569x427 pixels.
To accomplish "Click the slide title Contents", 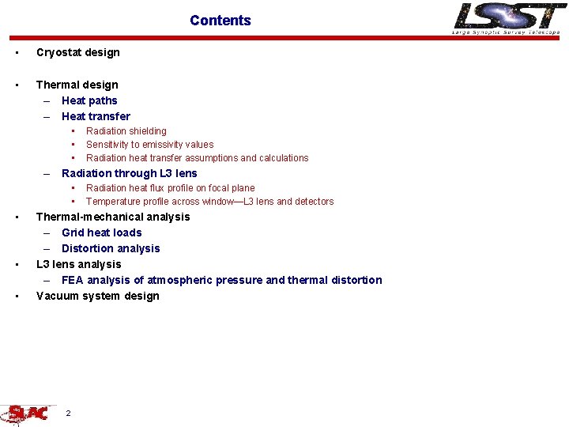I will coord(220,21).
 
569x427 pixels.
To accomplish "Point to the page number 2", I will coord(69,414).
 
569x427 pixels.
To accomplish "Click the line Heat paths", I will coord(89,100).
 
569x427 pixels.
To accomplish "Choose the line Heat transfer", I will coord(96,116).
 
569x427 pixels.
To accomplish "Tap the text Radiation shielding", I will coord(126,131).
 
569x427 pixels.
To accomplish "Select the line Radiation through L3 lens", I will coord(130,173).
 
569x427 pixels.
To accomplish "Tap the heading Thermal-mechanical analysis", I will coord(113,217).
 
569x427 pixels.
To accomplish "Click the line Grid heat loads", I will coord(102,232).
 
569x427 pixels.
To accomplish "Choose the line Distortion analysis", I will coord(111,248).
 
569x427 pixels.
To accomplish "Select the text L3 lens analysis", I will coord(79,264).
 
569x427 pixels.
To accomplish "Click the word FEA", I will coord(73,280).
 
